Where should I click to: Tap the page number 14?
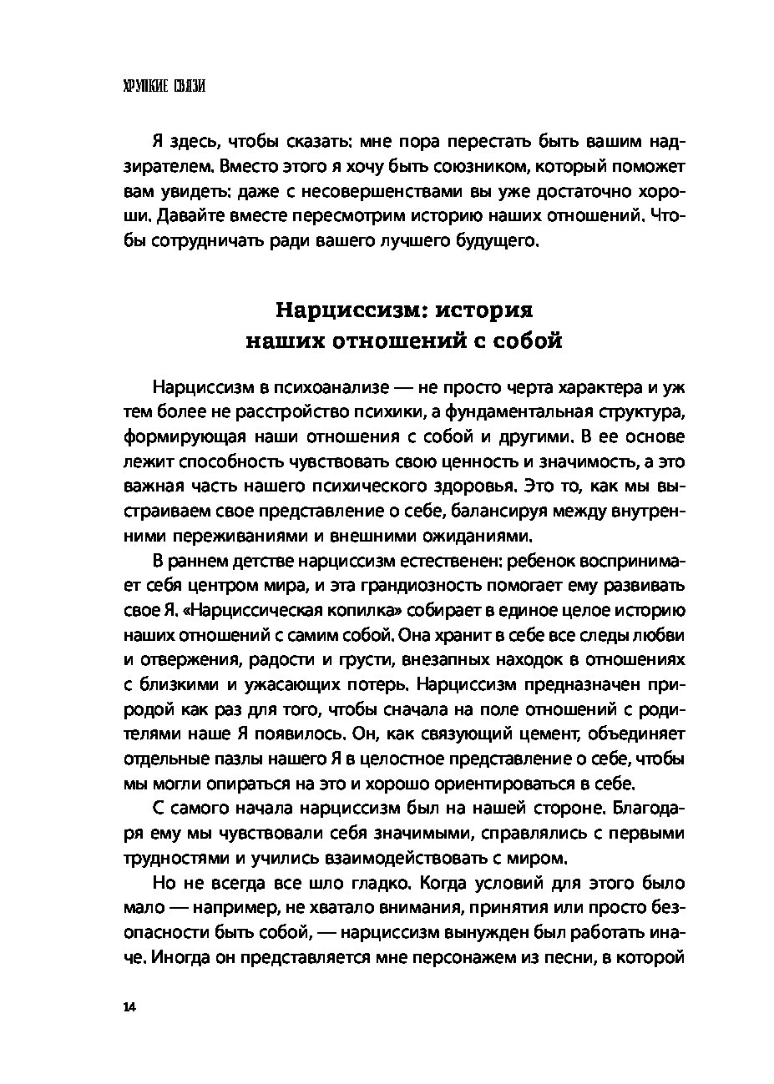tap(128, 1006)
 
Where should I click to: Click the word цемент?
tap(594, 734)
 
